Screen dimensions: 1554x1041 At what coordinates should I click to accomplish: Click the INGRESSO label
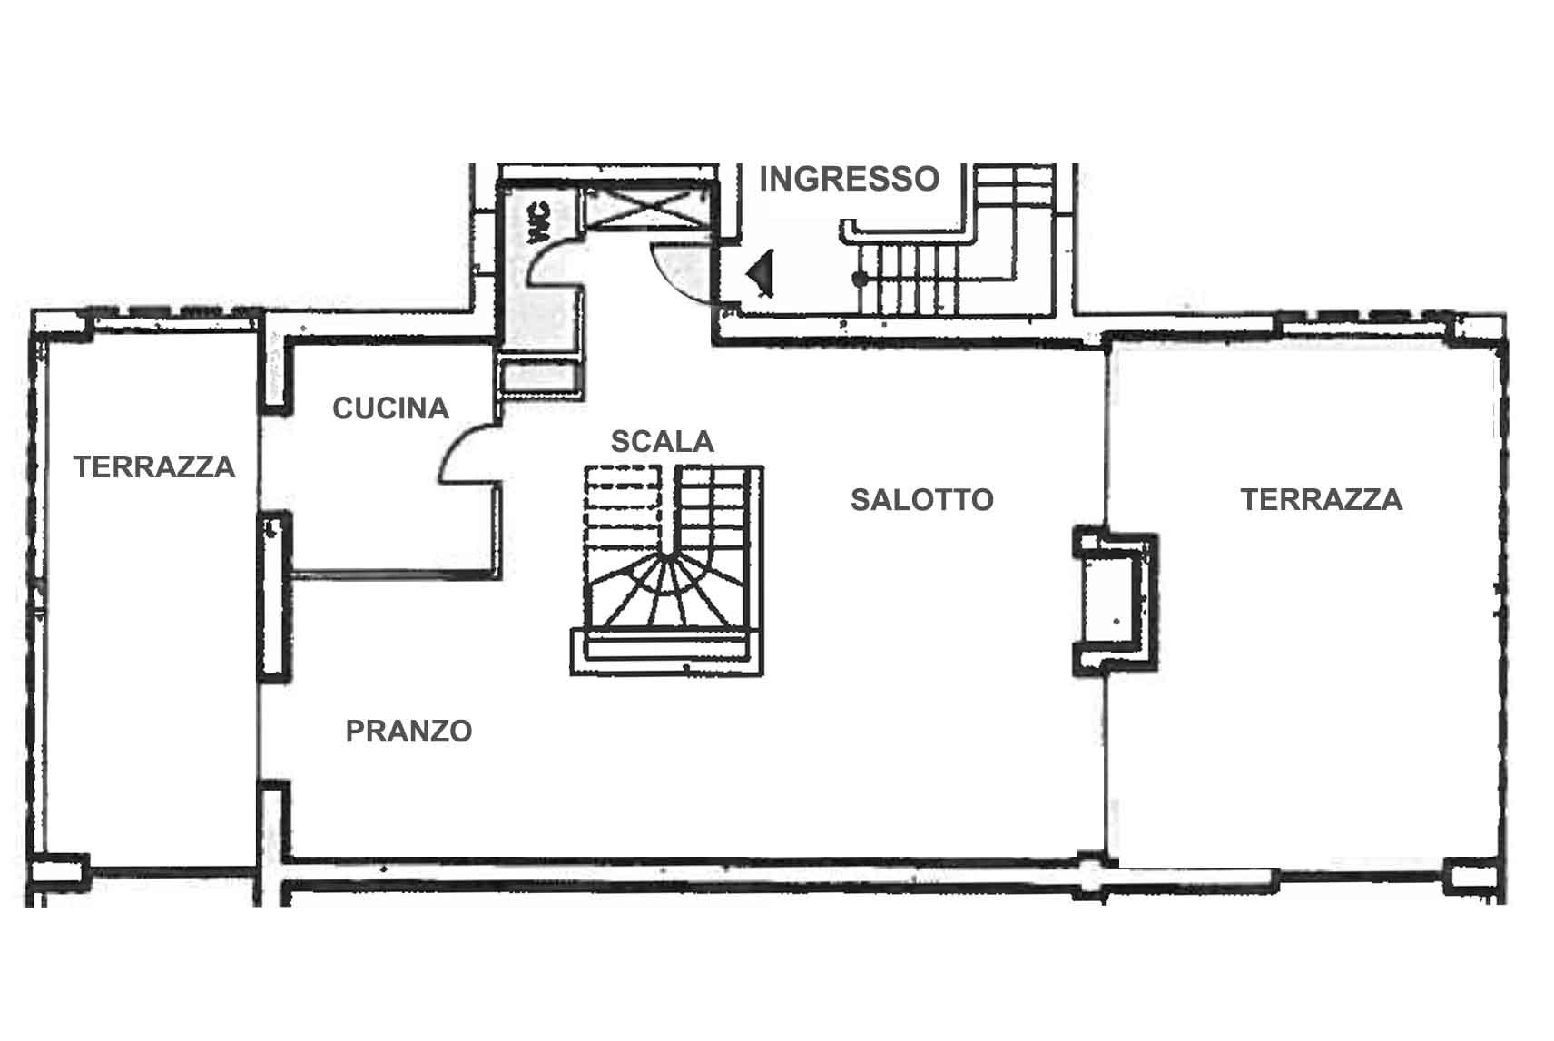click(x=849, y=179)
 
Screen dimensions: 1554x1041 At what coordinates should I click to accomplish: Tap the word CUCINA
click(x=390, y=408)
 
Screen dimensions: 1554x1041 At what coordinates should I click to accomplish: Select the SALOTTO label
click(x=922, y=500)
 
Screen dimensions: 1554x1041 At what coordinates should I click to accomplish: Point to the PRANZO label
click(x=408, y=731)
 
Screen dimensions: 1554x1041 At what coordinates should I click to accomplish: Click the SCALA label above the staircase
click(x=662, y=442)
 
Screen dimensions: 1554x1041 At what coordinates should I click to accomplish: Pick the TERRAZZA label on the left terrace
click(x=154, y=466)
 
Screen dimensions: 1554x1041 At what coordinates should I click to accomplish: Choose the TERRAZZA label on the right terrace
click(x=1321, y=500)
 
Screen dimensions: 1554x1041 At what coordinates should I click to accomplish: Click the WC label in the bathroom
click(x=539, y=222)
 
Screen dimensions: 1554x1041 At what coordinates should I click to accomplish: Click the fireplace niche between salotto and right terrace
click(x=1115, y=601)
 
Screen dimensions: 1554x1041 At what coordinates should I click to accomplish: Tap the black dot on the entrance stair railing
click(x=860, y=280)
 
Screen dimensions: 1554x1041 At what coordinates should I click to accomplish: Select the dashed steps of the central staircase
click(x=623, y=510)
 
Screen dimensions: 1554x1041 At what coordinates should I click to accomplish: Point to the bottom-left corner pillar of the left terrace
click(x=59, y=873)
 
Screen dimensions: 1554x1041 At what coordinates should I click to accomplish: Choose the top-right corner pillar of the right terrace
click(x=1479, y=330)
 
